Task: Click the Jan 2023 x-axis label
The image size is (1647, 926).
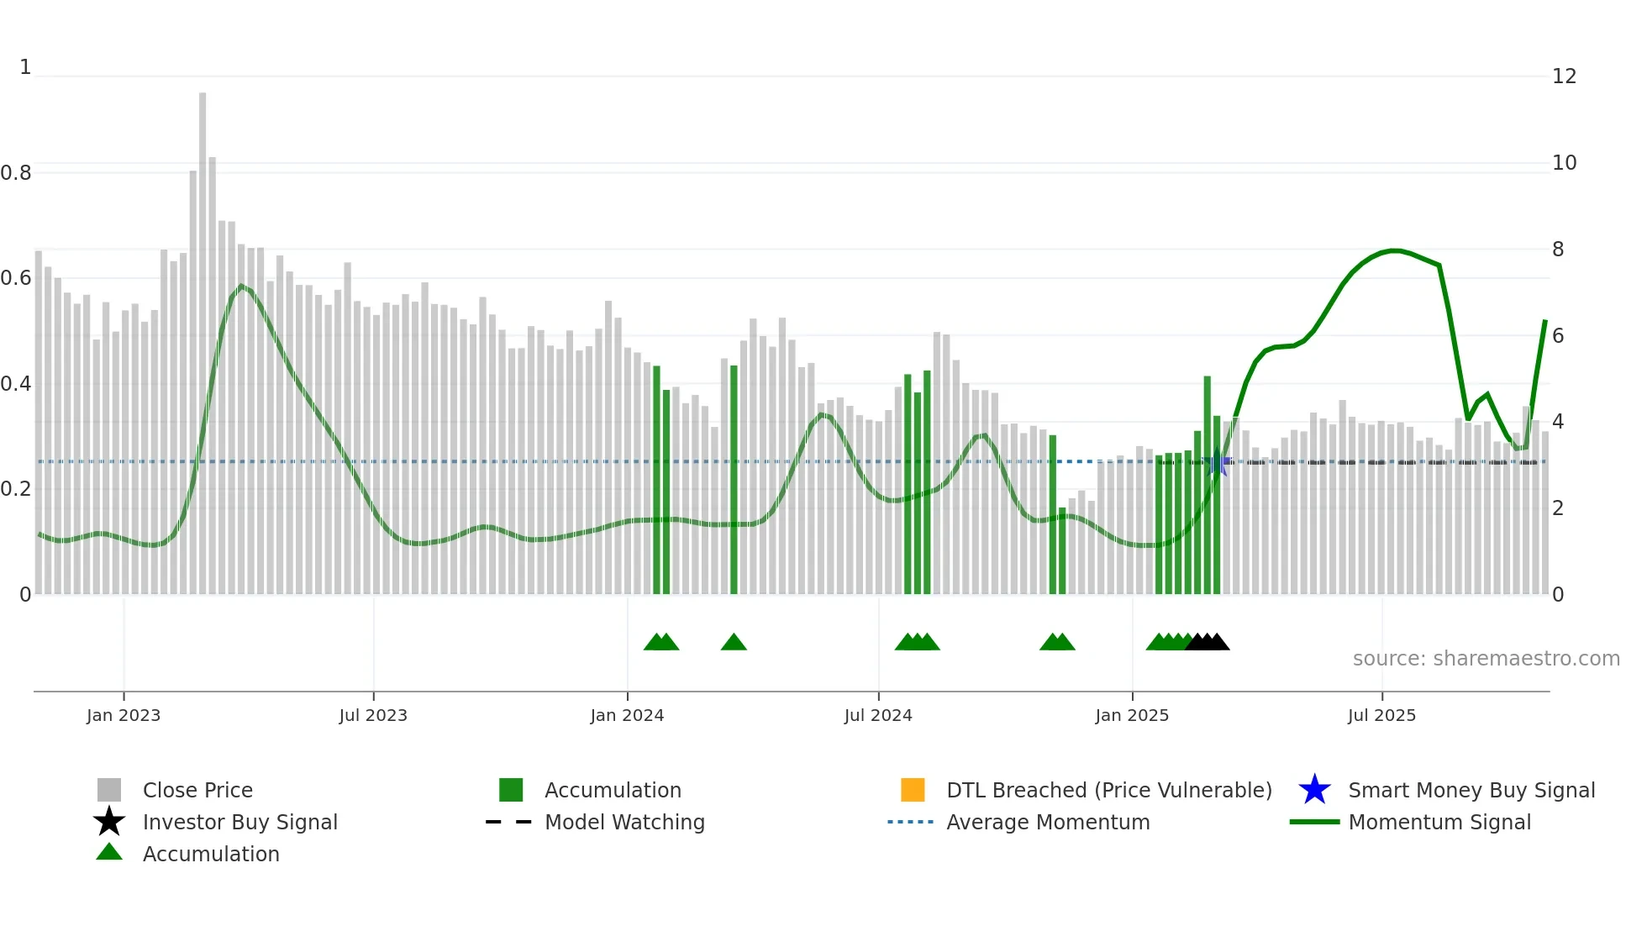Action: click(123, 715)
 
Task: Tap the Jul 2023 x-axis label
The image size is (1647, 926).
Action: click(373, 715)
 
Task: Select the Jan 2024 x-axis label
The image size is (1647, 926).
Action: click(627, 715)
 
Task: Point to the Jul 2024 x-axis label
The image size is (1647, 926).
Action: click(878, 715)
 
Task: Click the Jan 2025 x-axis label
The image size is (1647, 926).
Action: click(1132, 715)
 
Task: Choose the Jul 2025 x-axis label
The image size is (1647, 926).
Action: click(1381, 715)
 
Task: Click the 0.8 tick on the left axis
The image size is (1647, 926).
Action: click(16, 173)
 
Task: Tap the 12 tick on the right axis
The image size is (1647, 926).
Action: click(1564, 76)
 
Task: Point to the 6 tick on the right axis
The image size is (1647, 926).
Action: click(1558, 336)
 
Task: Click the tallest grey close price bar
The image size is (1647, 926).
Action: click(203, 336)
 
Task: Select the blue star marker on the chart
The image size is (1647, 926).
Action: click(1217, 462)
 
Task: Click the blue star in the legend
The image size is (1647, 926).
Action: click(1314, 790)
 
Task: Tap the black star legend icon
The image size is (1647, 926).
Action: click(109, 822)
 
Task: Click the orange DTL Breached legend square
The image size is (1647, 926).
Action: click(913, 790)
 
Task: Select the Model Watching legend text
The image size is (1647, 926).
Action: click(624, 822)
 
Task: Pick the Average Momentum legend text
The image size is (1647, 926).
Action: click(1048, 822)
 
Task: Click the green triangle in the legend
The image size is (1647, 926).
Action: click(109, 852)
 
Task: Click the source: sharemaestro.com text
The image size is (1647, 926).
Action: click(1486, 659)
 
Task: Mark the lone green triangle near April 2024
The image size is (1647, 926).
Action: click(734, 643)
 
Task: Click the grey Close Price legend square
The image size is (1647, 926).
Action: click(109, 790)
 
